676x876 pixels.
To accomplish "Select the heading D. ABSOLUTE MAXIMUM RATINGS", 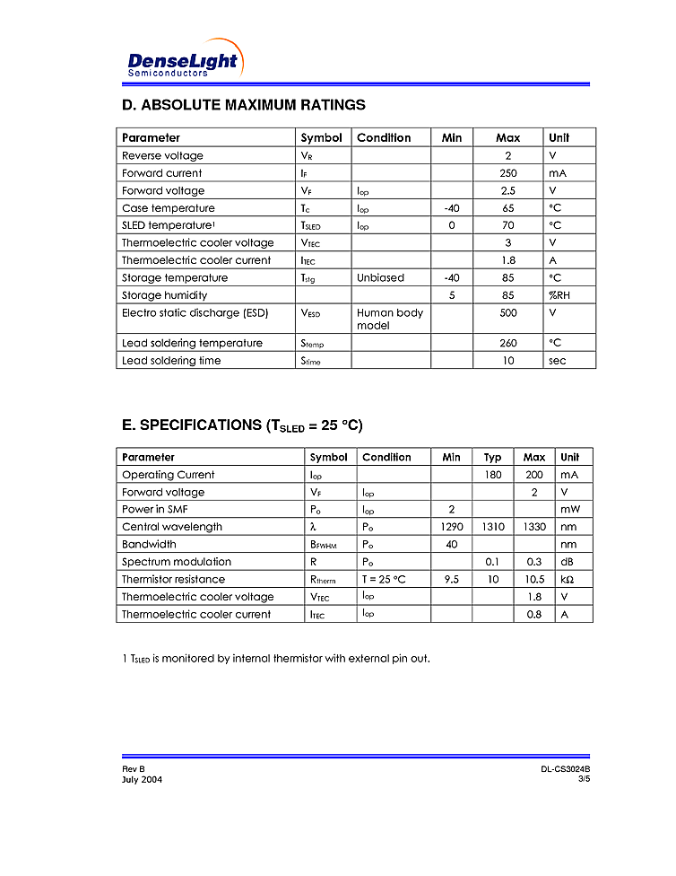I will coord(243,105).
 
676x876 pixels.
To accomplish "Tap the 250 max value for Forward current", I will coord(507,173).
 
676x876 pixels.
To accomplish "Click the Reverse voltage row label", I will coord(162,156).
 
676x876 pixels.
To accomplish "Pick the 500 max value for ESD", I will coord(507,313).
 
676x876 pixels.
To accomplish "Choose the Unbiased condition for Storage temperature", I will coord(380,278).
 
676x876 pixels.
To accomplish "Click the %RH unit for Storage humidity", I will coord(559,295).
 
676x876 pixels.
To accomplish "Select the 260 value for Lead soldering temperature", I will coord(507,343).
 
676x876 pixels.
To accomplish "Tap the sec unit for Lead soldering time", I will coord(558,361).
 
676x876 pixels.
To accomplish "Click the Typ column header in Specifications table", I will coord(492,458).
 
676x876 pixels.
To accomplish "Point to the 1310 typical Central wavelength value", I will coord(493,527).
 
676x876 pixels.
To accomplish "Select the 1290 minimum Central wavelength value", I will coord(451,527).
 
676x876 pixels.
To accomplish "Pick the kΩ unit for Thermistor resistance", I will coord(568,580).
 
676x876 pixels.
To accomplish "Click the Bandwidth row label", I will coord(149,545).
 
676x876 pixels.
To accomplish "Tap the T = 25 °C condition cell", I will coord(384,580).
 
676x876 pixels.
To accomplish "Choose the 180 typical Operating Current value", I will coord(493,475).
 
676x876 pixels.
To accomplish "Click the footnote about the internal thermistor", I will coord(275,659).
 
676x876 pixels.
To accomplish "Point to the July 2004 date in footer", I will coord(142,779).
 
